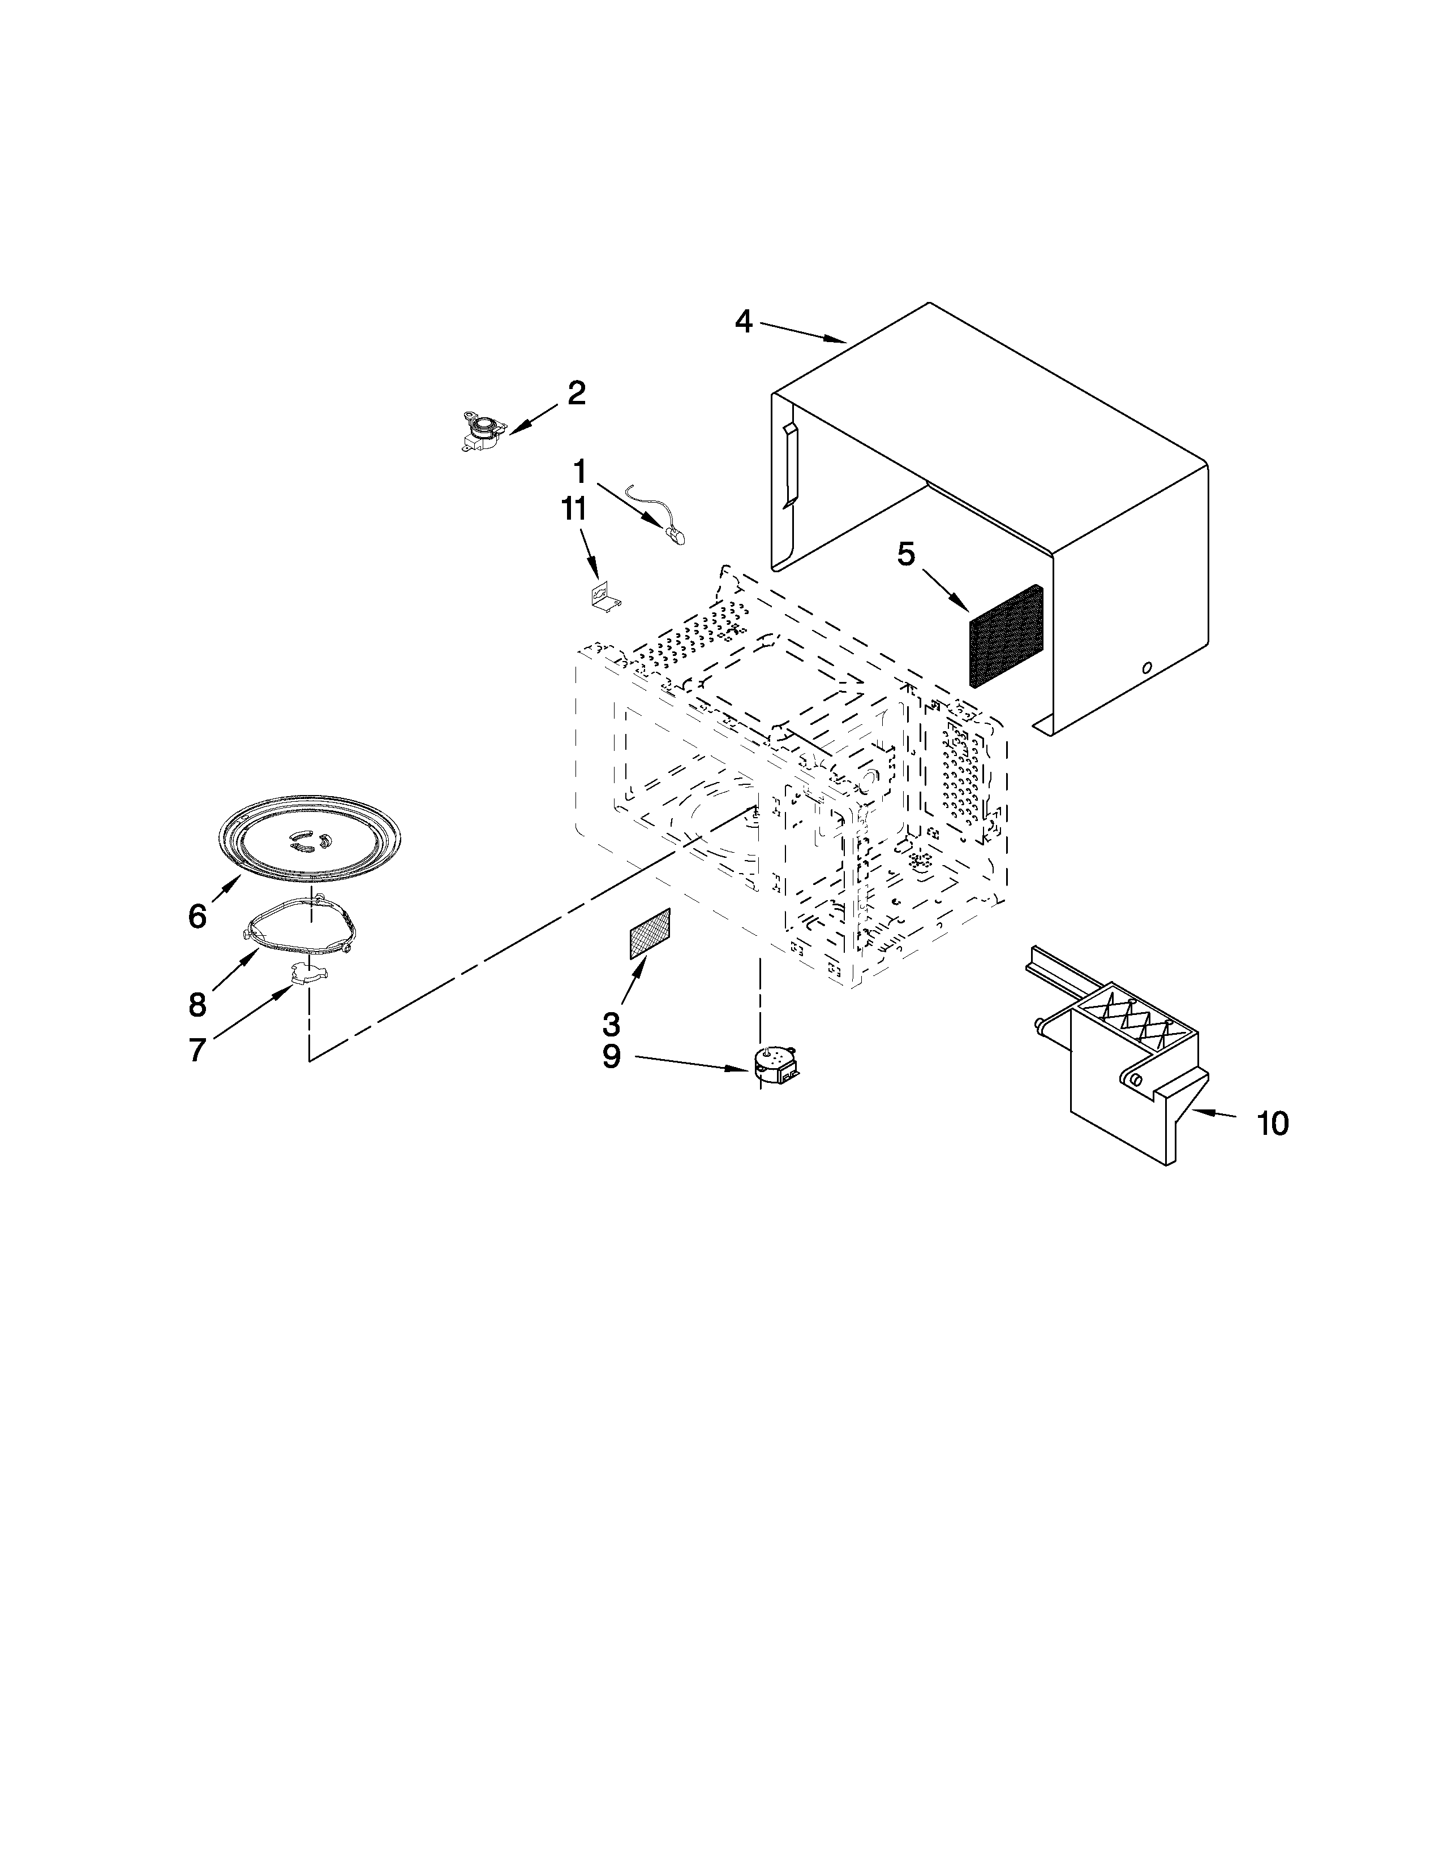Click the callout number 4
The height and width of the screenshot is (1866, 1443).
[x=743, y=322]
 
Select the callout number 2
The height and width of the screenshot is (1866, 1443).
[x=576, y=394]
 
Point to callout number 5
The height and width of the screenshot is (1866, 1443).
[x=905, y=555]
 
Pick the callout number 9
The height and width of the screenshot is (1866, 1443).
[x=611, y=1056]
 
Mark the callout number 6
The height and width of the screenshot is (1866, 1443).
[x=197, y=917]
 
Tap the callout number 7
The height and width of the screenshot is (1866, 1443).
[x=197, y=1049]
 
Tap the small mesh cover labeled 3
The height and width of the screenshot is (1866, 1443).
[x=650, y=934]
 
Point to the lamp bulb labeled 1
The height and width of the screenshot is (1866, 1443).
[x=675, y=535]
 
